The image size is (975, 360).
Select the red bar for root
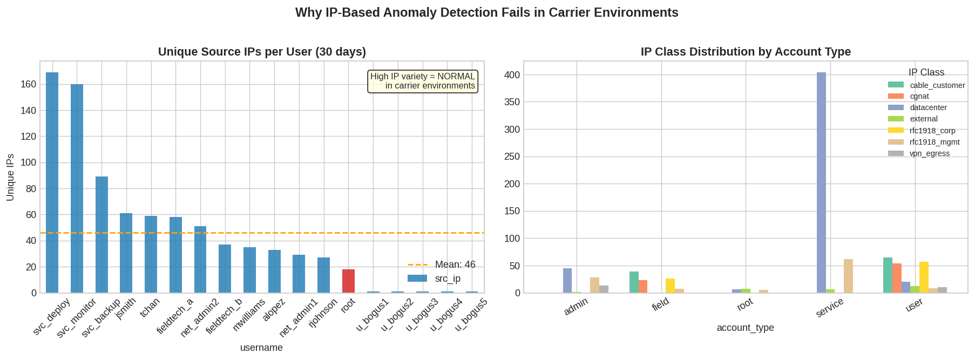pos(348,281)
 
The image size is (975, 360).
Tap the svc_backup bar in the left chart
pos(101,235)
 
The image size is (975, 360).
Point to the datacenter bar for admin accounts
pos(567,281)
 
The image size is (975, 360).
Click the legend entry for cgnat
pos(919,96)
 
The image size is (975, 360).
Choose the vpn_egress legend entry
pos(929,153)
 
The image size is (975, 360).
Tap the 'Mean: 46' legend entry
pos(455,264)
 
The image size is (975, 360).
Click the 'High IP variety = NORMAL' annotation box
pos(423,81)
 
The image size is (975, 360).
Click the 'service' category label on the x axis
pos(829,308)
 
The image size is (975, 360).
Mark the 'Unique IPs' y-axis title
pos(10,177)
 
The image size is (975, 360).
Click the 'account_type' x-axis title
pos(745,328)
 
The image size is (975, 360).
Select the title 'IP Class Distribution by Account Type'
pos(745,52)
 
